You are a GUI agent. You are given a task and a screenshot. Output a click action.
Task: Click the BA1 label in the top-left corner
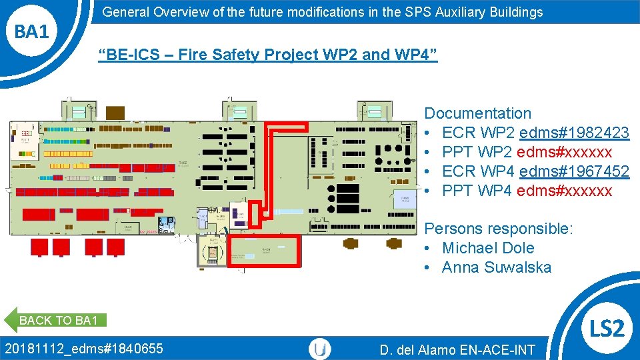click(32, 31)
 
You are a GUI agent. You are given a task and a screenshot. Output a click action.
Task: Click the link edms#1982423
click(574, 133)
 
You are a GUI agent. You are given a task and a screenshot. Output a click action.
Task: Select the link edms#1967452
click(574, 171)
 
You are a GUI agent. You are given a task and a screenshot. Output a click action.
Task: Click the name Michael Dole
click(488, 248)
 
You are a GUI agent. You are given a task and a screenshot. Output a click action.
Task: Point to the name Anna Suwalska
click(497, 267)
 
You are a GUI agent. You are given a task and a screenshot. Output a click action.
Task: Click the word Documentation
click(478, 113)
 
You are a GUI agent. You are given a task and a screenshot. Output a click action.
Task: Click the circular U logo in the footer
click(321, 349)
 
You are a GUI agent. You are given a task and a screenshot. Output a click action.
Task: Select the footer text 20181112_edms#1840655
click(84, 348)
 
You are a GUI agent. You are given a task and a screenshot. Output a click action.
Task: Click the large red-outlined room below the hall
click(265, 251)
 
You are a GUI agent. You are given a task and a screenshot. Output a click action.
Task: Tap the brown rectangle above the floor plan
click(115, 111)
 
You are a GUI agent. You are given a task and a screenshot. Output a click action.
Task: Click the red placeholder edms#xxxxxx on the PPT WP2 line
click(564, 152)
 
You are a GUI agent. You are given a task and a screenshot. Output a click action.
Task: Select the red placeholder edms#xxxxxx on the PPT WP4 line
click(564, 191)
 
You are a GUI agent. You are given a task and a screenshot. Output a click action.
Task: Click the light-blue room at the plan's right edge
click(405, 199)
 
